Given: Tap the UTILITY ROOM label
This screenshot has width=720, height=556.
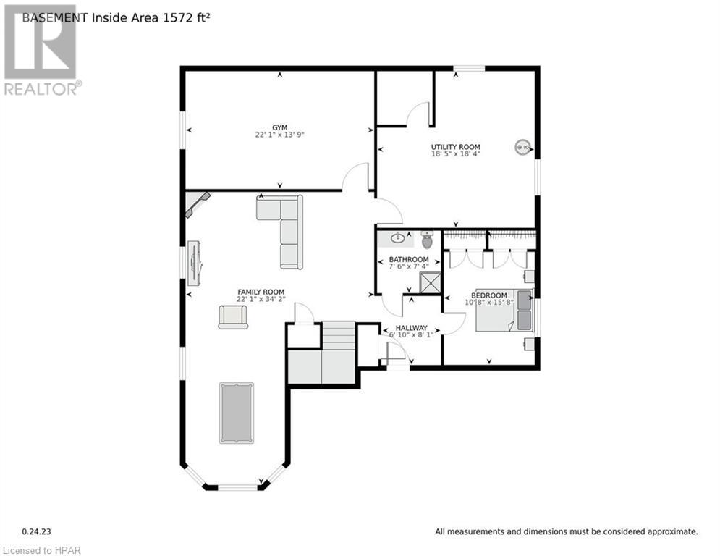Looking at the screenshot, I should point(456,146).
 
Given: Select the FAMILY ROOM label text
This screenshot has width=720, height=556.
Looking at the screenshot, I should point(261,292).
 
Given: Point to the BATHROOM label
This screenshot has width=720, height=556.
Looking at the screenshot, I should point(409,259).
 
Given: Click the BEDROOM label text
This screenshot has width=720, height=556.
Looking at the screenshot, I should point(489,295).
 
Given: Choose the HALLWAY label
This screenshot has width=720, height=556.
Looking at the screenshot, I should point(411,327).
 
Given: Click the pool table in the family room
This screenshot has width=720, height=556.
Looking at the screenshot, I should point(237,413).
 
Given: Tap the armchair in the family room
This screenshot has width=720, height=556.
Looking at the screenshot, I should point(233,316).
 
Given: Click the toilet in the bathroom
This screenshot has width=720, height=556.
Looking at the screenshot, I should point(427,240).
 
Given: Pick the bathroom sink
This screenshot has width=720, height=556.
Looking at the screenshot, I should point(398,237).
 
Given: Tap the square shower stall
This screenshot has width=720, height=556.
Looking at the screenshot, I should point(431,282).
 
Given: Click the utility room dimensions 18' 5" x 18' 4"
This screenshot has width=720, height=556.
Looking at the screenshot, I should point(456,153).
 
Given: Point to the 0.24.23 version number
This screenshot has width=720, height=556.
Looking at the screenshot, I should point(35,531).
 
